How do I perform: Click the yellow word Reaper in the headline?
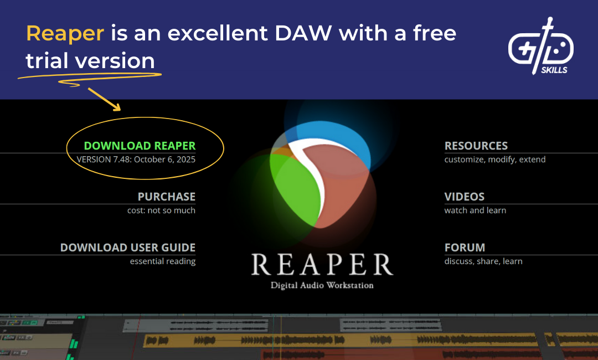pyautogui.click(x=65, y=33)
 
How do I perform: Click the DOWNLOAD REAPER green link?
pyautogui.click(x=140, y=146)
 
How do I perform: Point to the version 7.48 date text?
pyautogui.click(x=136, y=160)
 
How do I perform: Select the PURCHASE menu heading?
pyautogui.click(x=166, y=197)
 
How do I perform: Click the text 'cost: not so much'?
pyautogui.click(x=161, y=210)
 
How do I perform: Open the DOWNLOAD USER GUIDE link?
pyautogui.click(x=128, y=248)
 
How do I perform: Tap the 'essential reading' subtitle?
pyautogui.click(x=163, y=261)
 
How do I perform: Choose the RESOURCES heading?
pyautogui.click(x=476, y=146)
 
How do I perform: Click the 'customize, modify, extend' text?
pyautogui.click(x=495, y=160)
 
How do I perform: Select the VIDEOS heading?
pyautogui.click(x=465, y=197)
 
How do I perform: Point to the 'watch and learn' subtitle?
pyautogui.click(x=475, y=210)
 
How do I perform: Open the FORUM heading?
pyautogui.click(x=465, y=248)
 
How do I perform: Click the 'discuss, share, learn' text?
pyautogui.click(x=483, y=261)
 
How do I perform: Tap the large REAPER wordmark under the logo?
pyautogui.click(x=322, y=265)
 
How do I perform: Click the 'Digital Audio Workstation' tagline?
pyautogui.click(x=322, y=286)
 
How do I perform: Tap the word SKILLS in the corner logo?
pyautogui.click(x=554, y=70)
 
